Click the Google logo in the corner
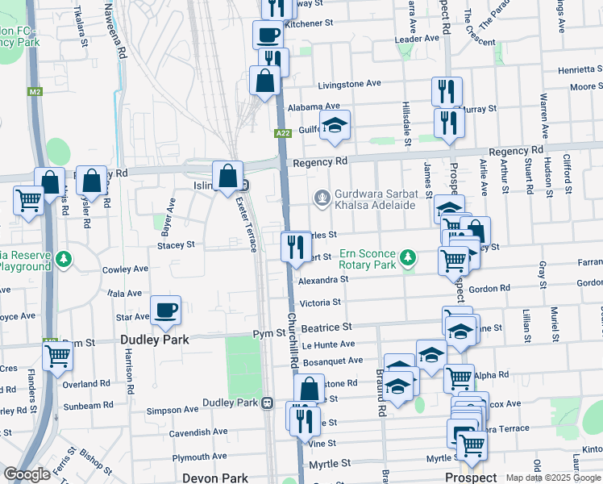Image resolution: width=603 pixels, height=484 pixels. (27, 474)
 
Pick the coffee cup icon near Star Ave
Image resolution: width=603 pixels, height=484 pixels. (166, 311)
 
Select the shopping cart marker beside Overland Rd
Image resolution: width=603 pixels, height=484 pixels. (57, 356)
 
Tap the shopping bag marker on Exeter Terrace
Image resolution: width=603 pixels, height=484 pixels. (229, 175)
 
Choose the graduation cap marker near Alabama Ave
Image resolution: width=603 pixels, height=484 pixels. (335, 125)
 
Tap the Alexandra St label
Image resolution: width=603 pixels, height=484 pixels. (322, 279)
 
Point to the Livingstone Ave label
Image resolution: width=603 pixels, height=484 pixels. (349, 83)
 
